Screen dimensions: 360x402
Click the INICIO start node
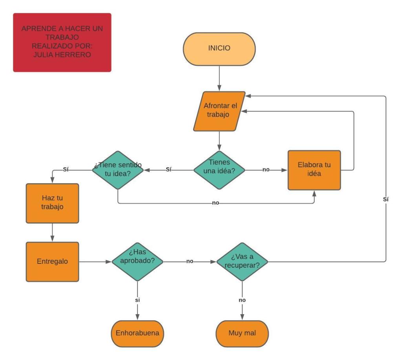tap(219, 49)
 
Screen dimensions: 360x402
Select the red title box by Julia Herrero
tap(62, 42)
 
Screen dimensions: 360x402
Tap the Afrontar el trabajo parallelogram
tap(219, 111)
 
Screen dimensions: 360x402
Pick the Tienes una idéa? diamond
tap(219, 170)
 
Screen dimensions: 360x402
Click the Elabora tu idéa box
tap(314, 170)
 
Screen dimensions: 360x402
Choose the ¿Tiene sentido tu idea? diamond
tap(117, 170)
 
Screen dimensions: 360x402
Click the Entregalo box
tap(52, 261)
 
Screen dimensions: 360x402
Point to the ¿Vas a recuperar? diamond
tap(242, 261)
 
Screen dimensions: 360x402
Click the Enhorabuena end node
tap(137, 334)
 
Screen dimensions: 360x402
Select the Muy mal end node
tap(242, 334)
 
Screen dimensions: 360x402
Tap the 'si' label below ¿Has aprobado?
tap(137, 300)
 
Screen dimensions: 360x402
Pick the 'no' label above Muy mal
tap(242, 300)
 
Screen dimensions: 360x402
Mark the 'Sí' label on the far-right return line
tap(386, 199)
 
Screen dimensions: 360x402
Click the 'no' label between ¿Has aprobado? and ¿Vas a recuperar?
tap(190, 261)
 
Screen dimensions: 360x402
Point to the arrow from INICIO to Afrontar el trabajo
tap(219, 79)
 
